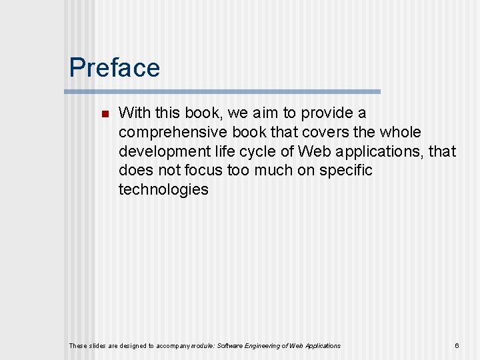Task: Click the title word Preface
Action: [x=114, y=68]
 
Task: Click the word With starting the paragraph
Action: [x=134, y=113]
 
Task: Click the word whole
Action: [x=401, y=132]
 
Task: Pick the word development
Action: [x=163, y=151]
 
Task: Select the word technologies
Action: [x=163, y=189]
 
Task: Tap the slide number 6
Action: [x=457, y=345]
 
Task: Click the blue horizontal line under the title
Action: [x=225, y=91]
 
